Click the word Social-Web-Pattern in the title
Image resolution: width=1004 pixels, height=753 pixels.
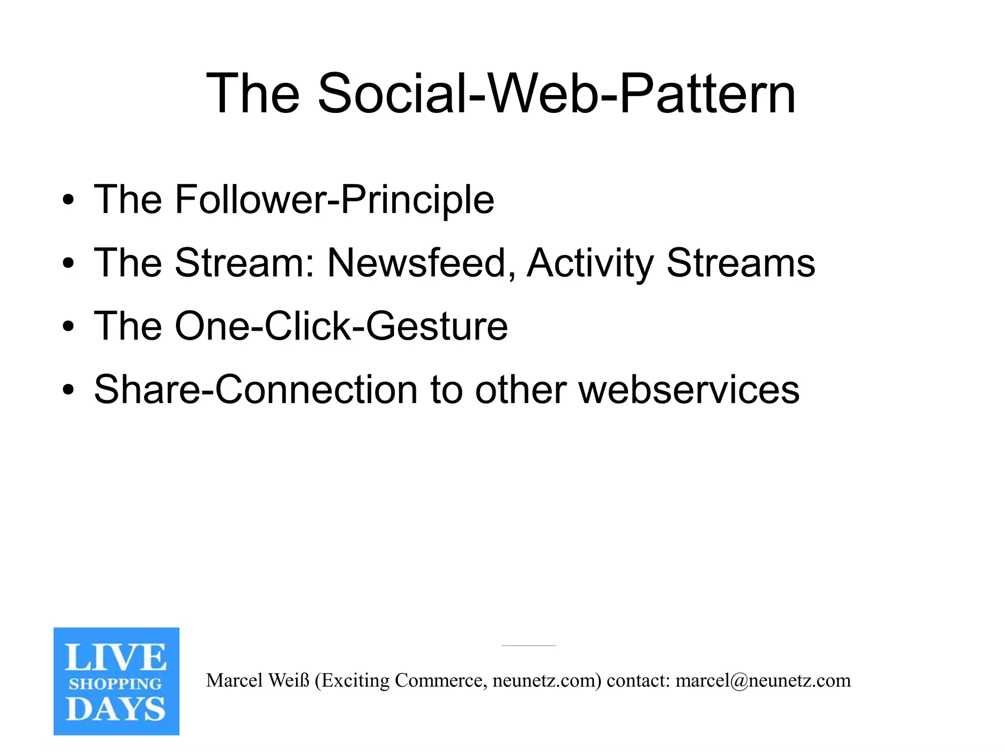pyautogui.click(x=556, y=93)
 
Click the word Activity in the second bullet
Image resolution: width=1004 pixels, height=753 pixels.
pyautogui.click(x=590, y=263)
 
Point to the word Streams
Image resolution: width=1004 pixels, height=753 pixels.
pyautogui.click(x=740, y=263)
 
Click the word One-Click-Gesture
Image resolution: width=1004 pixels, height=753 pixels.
pyautogui.click(x=341, y=326)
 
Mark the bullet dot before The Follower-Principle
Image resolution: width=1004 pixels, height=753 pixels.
pyautogui.click(x=68, y=200)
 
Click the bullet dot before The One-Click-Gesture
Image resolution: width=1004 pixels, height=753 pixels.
pyautogui.click(x=68, y=327)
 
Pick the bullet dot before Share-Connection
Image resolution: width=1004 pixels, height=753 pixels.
pyautogui.click(x=68, y=390)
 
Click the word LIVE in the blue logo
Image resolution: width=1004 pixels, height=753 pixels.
pyautogui.click(x=116, y=657)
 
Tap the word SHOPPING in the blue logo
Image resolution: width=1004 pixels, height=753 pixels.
pyautogui.click(x=116, y=684)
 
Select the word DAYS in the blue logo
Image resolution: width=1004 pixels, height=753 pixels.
pyautogui.click(x=116, y=709)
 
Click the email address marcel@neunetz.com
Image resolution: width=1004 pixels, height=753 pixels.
pyautogui.click(x=763, y=680)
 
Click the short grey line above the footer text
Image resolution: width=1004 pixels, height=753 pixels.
pyautogui.click(x=528, y=646)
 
